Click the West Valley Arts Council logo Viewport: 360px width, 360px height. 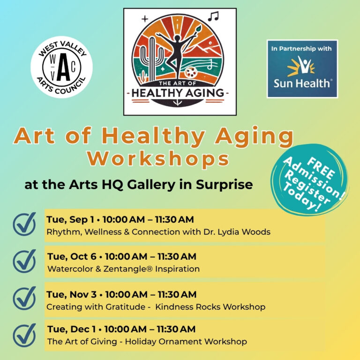[x=61, y=67]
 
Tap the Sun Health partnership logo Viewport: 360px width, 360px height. [x=302, y=69]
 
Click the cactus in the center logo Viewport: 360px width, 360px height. [x=152, y=59]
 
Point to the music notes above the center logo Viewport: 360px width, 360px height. [x=213, y=16]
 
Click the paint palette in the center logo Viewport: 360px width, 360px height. [x=191, y=72]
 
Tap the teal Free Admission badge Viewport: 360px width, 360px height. [x=309, y=180]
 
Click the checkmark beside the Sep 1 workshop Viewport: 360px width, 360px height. [x=24, y=224]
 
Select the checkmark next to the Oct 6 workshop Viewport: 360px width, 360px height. [x=24, y=261]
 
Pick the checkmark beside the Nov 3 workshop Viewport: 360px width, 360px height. [x=24, y=298]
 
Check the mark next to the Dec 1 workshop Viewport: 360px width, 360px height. [x=24, y=335]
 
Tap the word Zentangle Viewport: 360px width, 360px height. [x=128, y=269]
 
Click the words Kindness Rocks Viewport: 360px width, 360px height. [x=188, y=307]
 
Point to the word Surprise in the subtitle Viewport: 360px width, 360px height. [x=225, y=185]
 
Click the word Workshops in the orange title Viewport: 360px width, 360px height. [x=158, y=158]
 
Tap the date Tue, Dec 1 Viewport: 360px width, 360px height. [x=71, y=329]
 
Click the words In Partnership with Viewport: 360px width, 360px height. [x=301, y=49]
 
